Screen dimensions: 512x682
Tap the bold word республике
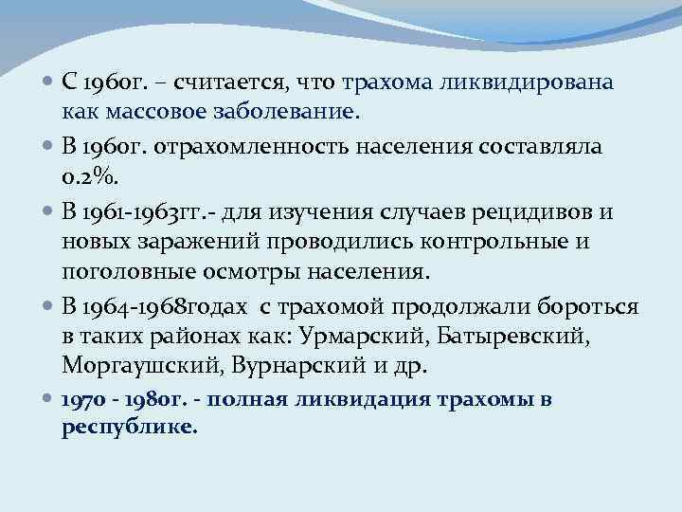pyautogui.click(x=130, y=428)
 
